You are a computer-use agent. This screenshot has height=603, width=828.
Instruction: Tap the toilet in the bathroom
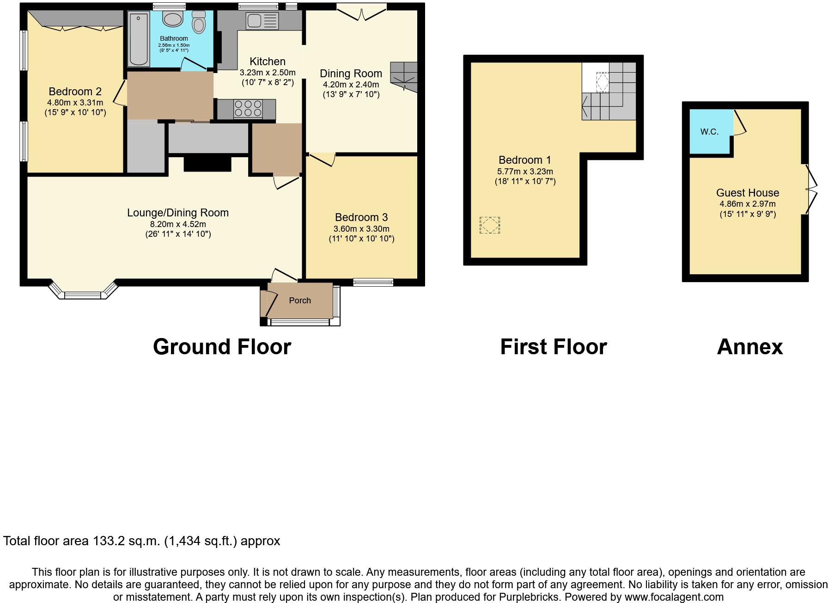(199, 22)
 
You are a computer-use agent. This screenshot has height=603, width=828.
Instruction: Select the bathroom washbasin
(173, 20)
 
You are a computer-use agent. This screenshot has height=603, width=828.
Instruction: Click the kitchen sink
(262, 21)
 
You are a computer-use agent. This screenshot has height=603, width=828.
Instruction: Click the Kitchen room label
(267, 62)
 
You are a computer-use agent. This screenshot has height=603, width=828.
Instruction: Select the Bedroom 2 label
(75, 92)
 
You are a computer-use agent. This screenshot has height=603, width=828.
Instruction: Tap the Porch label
(300, 301)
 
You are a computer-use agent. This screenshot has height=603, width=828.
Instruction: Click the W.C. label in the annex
(709, 132)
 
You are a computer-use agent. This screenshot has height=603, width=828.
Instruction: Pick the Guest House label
(747, 193)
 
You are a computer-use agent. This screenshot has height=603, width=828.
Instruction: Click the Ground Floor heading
(222, 347)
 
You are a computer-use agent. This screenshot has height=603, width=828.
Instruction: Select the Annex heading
(749, 347)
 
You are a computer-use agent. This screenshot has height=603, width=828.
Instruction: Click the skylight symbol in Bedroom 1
(489, 225)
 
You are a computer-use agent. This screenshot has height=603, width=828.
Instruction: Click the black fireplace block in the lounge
(207, 164)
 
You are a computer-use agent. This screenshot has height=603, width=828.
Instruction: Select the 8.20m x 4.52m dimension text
(178, 224)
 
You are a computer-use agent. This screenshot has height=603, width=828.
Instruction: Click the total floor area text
(141, 541)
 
